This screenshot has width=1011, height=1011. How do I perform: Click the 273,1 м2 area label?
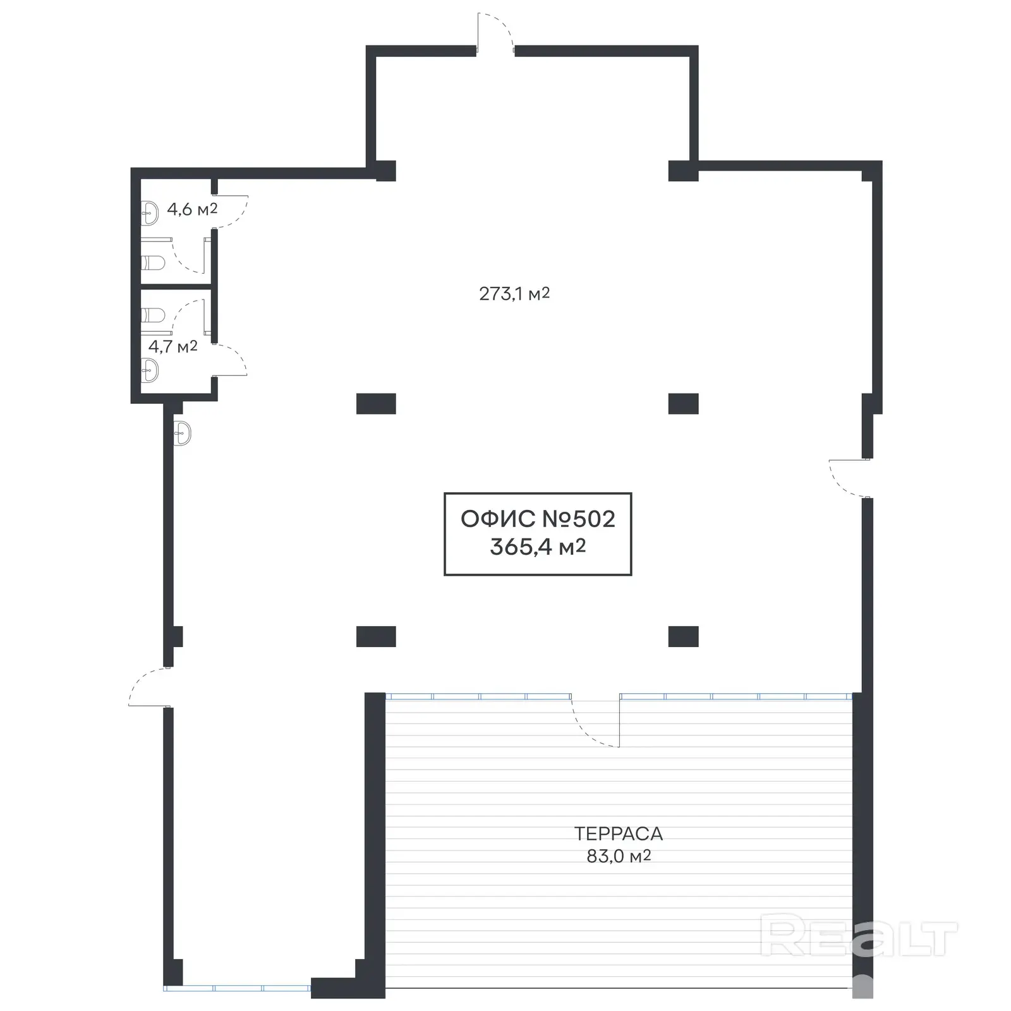click(x=514, y=294)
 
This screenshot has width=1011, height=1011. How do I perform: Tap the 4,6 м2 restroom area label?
click(x=192, y=209)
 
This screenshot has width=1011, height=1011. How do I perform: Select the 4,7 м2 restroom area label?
click(x=173, y=346)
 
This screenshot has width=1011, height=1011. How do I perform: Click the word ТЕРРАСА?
click(x=618, y=833)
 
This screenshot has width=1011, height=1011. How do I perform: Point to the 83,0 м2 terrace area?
click(x=618, y=856)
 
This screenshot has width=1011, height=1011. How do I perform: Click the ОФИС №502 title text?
click(x=538, y=519)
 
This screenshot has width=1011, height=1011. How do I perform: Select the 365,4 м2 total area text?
click(x=538, y=547)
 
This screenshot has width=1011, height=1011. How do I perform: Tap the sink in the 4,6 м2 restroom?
click(x=150, y=213)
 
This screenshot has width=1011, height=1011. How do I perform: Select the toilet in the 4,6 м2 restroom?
click(x=152, y=262)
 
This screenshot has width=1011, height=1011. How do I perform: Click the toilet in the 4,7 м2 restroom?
click(x=152, y=315)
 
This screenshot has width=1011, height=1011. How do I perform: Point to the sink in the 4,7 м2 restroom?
click(x=150, y=370)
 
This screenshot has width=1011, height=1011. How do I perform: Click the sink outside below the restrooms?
click(x=182, y=433)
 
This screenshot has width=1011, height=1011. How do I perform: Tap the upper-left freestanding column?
click(x=376, y=403)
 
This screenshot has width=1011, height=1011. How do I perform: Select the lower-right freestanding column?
click(x=683, y=636)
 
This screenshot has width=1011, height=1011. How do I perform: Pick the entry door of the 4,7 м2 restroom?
click(x=231, y=360)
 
